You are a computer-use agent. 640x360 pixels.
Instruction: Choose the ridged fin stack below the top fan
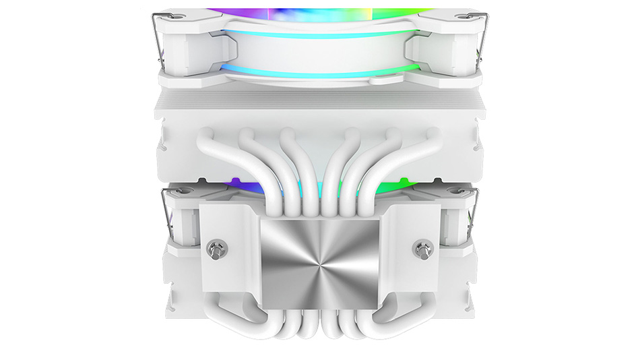(319, 104)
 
